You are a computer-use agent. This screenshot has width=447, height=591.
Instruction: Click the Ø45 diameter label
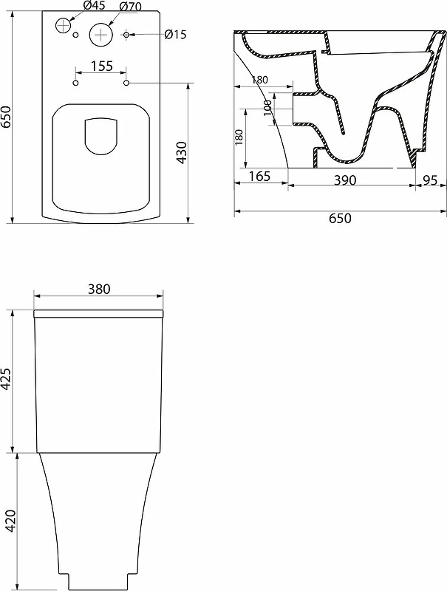[x=95, y=6]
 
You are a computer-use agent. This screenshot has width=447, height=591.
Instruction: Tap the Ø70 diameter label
[x=131, y=7]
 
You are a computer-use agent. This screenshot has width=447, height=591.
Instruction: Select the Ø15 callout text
[x=176, y=35]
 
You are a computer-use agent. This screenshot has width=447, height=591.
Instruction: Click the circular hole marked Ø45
[x=64, y=25]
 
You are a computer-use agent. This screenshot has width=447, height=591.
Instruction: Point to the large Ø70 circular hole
[x=101, y=34]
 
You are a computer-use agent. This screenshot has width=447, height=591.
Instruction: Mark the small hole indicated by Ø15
[x=126, y=35]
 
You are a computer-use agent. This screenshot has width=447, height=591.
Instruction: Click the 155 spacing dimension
[x=102, y=66]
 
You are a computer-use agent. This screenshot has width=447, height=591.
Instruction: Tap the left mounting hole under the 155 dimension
[x=76, y=83]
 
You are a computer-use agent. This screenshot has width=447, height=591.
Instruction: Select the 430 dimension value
[x=182, y=152]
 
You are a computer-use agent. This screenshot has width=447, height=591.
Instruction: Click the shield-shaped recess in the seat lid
[x=101, y=137]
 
